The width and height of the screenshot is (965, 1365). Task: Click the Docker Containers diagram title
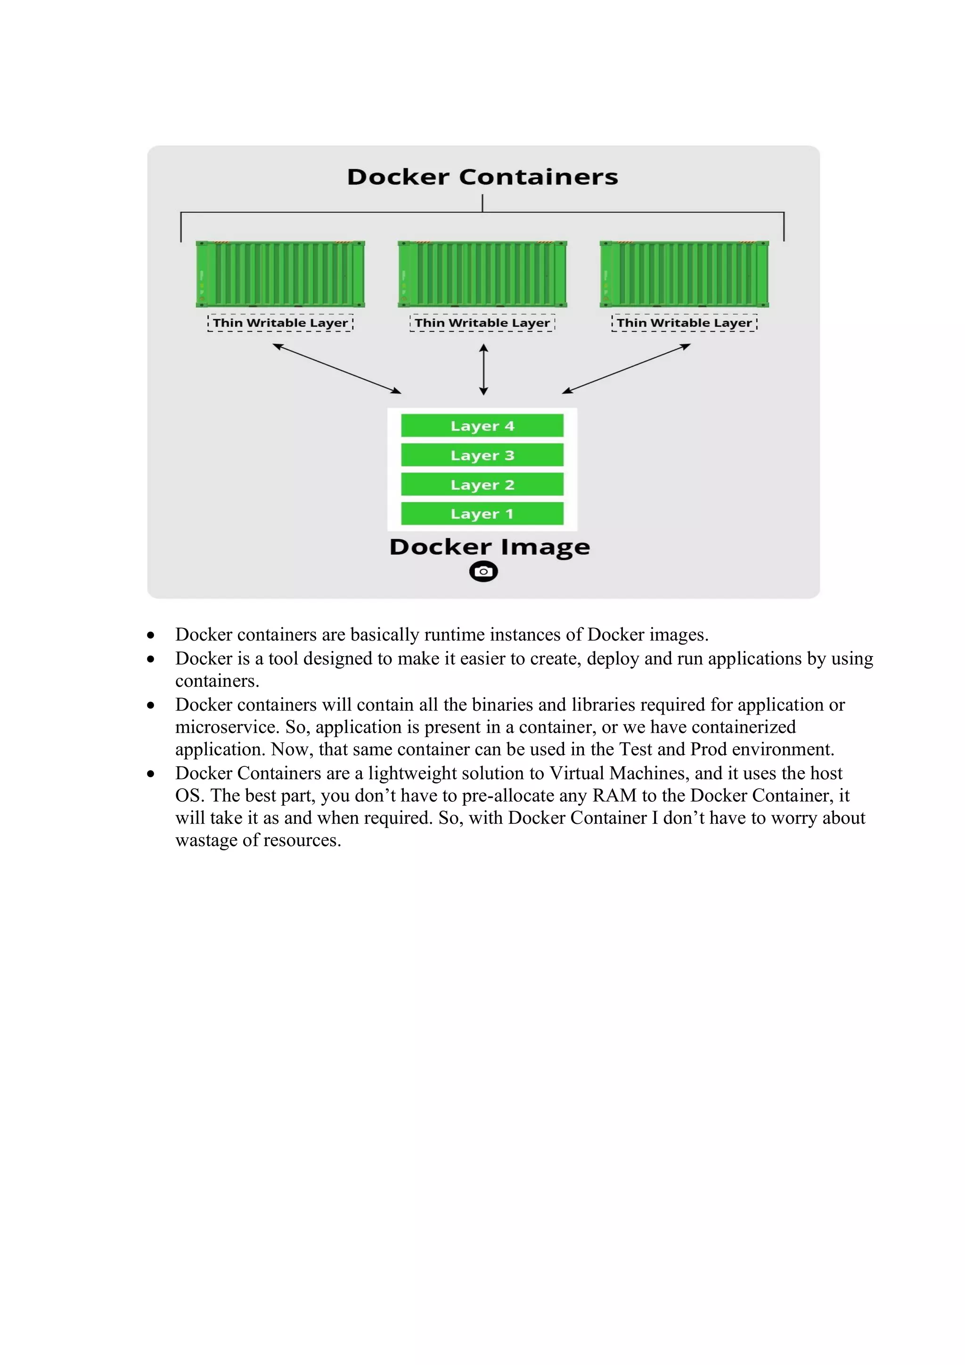coord(482,177)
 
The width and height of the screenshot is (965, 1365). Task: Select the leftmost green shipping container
coord(280,274)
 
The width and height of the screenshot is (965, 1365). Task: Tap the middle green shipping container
coord(482,274)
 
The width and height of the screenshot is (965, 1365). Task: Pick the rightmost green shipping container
coord(684,274)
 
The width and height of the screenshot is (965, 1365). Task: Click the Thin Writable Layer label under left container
coord(280,323)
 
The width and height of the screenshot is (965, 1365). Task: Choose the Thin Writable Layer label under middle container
coord(482,323)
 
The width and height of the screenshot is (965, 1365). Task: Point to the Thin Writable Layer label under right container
coord(684,323)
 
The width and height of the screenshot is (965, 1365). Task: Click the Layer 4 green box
coord(482,426)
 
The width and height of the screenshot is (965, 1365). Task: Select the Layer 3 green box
coord(482,455)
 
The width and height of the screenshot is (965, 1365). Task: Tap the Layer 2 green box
coord(482,485)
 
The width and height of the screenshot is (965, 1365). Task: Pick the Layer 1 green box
coord(482,514)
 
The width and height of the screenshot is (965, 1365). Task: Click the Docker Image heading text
coord(490,547)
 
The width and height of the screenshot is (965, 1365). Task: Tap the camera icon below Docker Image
coord(483,571)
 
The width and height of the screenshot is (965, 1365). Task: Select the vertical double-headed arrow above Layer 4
coord(483,369)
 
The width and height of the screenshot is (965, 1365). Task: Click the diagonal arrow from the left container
coord(336,369)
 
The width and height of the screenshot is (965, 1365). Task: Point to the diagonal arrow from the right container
coord(626,369)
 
